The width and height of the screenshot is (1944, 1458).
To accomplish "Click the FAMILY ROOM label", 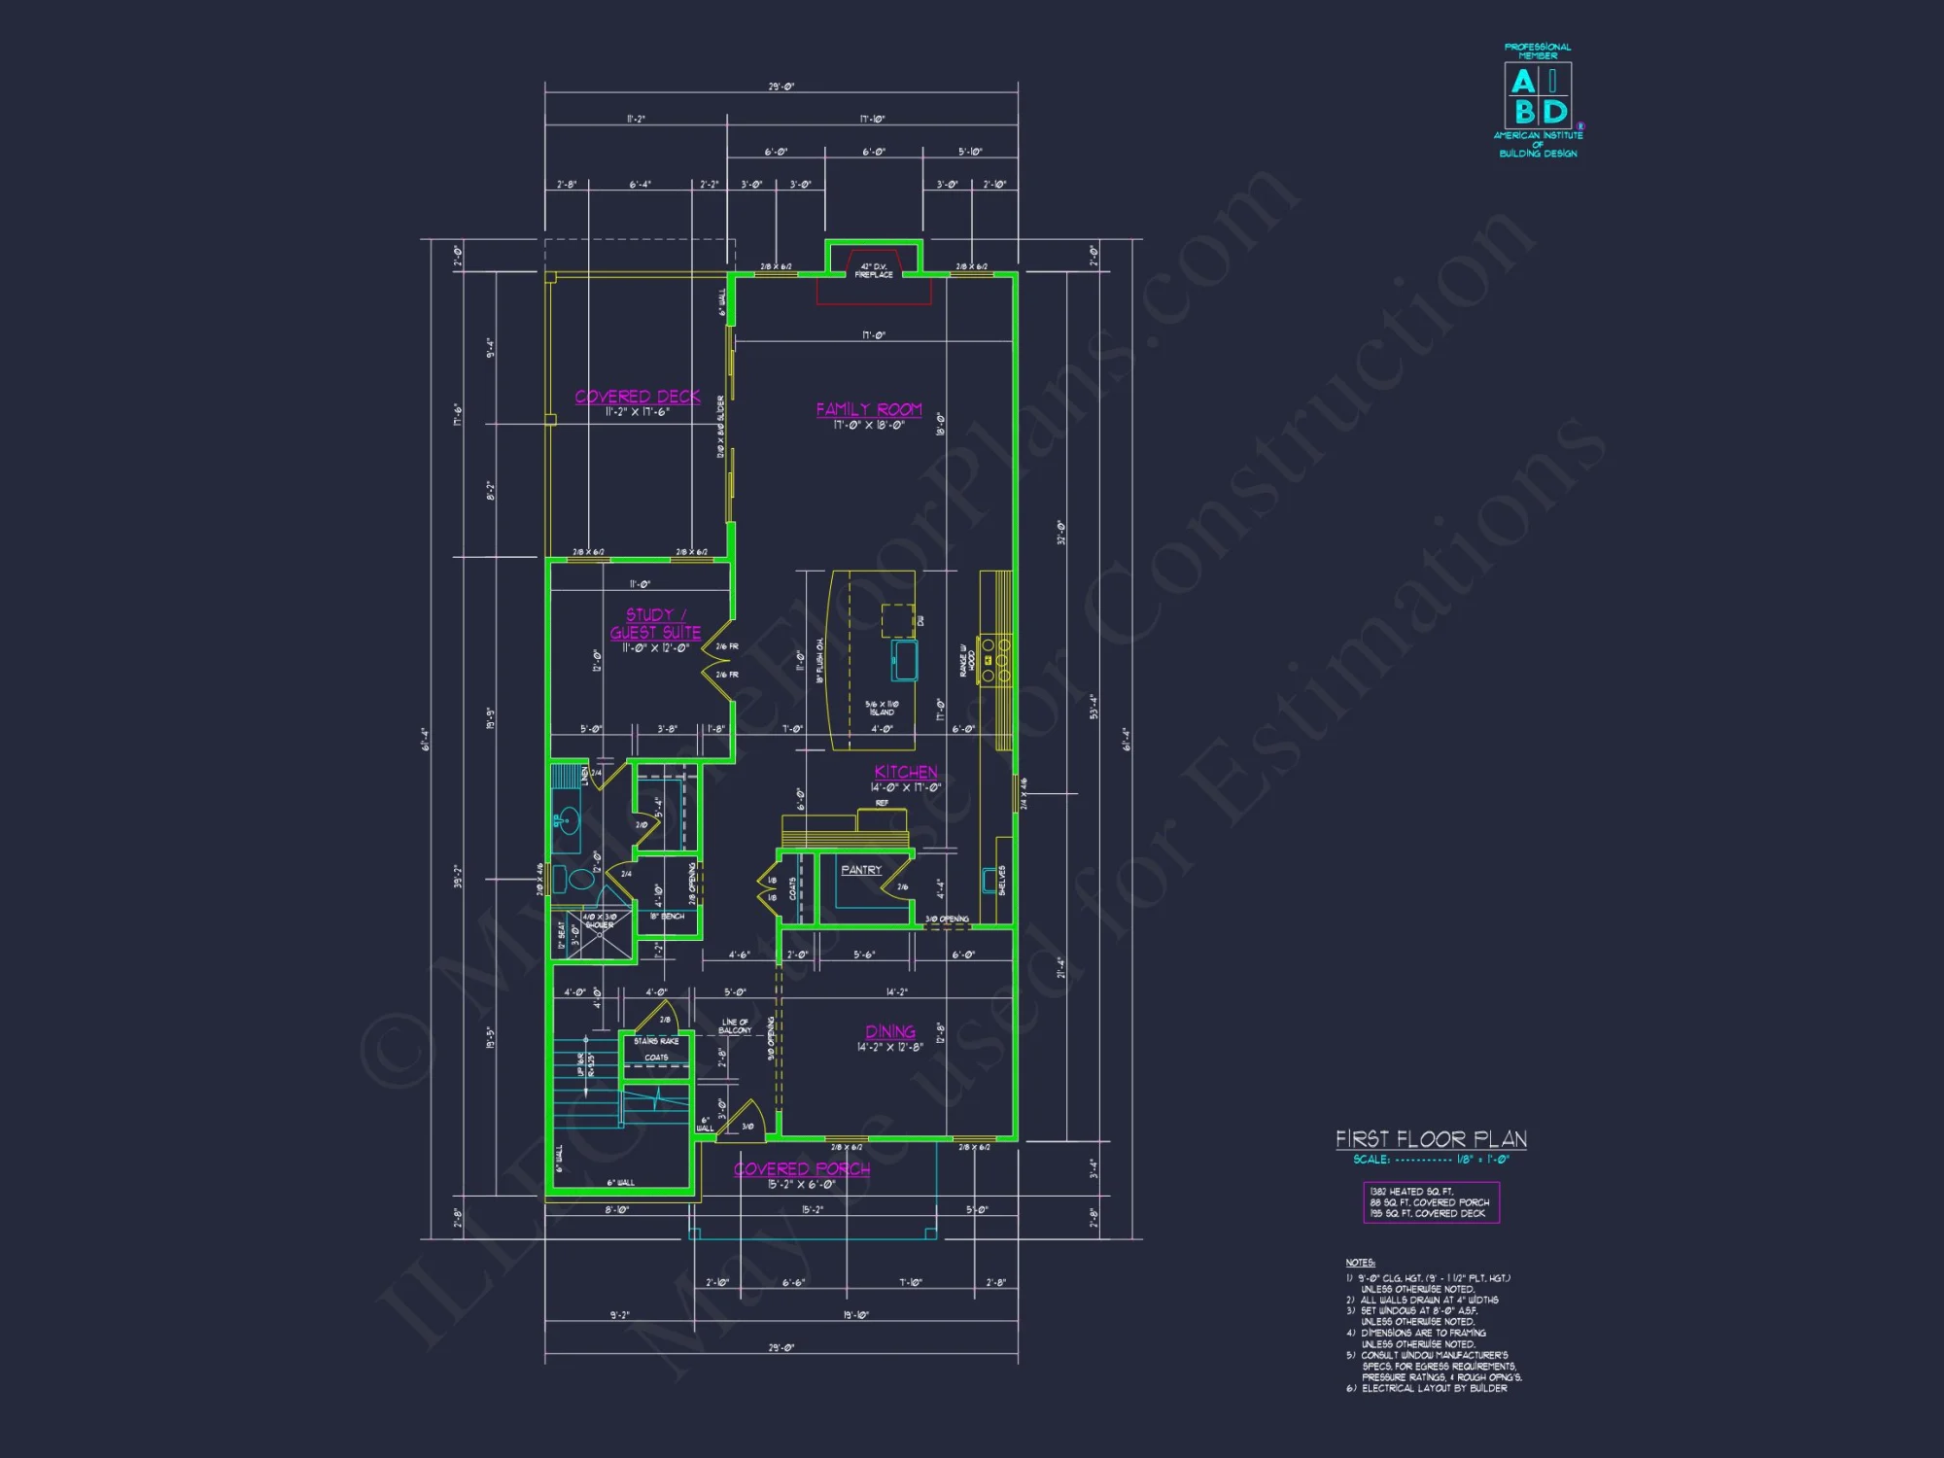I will click(x=868, y=410).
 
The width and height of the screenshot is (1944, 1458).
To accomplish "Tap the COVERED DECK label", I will click(x=637, y=397).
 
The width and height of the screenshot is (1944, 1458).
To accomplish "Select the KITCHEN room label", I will click(x=905, y=772).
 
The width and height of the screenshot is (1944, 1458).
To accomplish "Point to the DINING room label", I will click(x=889, y=1031).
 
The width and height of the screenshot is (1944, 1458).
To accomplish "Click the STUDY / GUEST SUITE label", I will click(x=655, y=623).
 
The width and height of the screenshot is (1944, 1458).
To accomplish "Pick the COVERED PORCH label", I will click(x=801, y=1168).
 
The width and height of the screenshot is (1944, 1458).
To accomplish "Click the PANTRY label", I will click(x=861, y=870).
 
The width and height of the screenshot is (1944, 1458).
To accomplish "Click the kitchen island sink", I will click(x=904, y=660).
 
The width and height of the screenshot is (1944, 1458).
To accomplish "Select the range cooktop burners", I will click(x=995, y=660).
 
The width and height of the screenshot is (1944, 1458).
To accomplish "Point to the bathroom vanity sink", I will click(x=568, y=821).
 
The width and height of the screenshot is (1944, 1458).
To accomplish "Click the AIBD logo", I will click(x=1538, y=96).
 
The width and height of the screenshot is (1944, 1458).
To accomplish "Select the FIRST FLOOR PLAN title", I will click(x=1430, y=1138).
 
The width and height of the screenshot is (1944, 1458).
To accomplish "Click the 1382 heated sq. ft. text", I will click(x=1411, y=1192).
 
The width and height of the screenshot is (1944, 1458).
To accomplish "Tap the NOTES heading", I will click(x=1360, y=1263).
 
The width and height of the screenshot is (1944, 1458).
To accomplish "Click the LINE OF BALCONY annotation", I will click(x=735, y=1025).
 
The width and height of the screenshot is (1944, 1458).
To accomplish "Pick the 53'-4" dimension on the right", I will click(x=1093, y=706).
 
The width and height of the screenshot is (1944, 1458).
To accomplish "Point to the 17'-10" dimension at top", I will click(x=872, y=120).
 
